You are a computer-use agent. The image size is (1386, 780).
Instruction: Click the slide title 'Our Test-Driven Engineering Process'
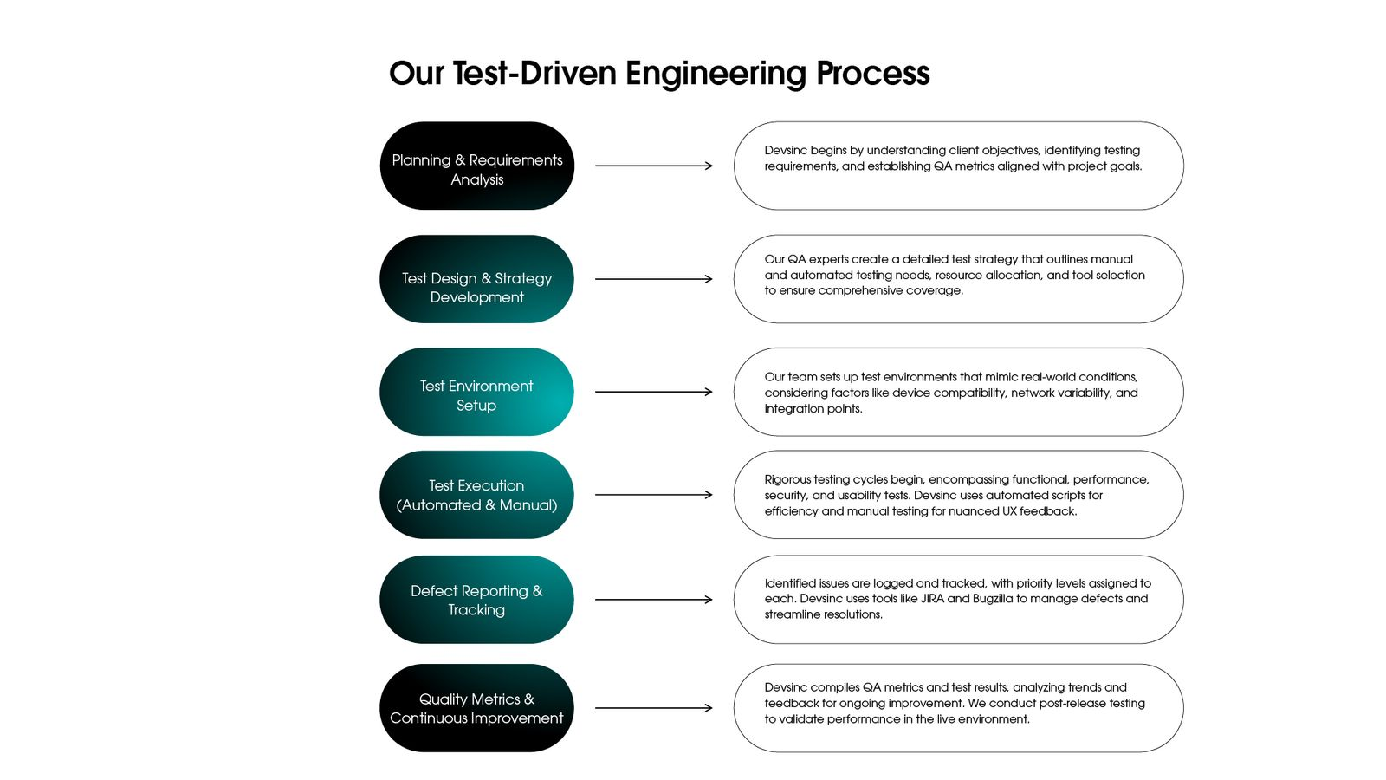pos(658,74)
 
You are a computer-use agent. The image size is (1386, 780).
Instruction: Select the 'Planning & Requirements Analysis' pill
pos(476,166)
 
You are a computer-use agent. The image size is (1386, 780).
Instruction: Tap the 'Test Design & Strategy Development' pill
pos(476,279)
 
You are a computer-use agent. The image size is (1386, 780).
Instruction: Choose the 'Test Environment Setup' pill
pos(476,392)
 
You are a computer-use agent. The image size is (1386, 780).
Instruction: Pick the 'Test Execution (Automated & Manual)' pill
pos(476,495)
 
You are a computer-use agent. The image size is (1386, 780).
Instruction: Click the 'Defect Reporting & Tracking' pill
pos(476,600)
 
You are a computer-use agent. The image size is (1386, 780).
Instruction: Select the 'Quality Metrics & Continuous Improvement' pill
pos(476,708)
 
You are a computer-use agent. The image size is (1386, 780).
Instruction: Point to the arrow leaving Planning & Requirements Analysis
pos(653,166)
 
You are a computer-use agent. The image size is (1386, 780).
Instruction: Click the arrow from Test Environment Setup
pos(653,392)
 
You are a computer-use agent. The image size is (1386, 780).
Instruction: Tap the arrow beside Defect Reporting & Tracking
pos(653,600)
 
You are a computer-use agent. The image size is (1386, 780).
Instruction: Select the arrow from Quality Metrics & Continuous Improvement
pos(653,708)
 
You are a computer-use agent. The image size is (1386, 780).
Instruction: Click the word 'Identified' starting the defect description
pos(789,583)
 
